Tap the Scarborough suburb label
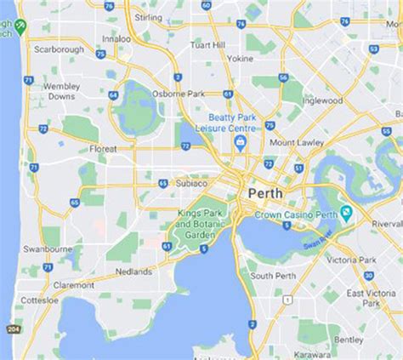[58, 49]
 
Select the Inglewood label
[322, 100]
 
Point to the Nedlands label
[133, 272]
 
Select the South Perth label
[272, 276]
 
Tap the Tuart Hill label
[207, 44]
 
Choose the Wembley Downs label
[60, 90]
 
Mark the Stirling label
[149, 17]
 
